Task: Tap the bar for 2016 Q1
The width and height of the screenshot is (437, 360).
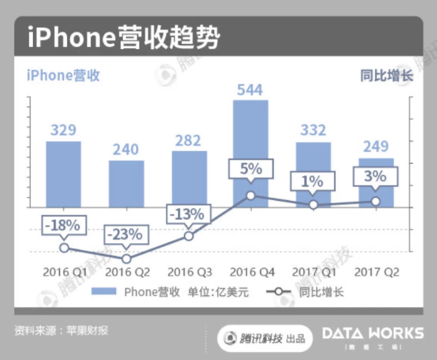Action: [63, 174]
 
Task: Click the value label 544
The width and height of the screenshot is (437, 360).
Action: [250, 90]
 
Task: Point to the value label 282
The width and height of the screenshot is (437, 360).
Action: [189, 140]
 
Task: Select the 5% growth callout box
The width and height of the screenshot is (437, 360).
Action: [250, 168]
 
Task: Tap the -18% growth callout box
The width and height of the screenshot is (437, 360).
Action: [63, 225]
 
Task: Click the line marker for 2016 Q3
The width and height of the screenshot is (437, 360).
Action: [189, 236]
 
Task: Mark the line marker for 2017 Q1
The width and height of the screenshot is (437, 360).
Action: [313, 204]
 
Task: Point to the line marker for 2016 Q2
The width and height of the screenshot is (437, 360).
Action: [126, 258]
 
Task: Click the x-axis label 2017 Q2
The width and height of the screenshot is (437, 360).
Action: [376, 272]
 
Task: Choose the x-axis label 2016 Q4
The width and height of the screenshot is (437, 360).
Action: [251, 272]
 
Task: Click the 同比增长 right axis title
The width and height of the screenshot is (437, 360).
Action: [386, 76]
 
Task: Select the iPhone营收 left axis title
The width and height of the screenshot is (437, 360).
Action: [63, 76]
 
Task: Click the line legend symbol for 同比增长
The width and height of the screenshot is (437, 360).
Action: [280, 292]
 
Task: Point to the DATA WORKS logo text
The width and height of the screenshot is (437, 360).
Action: [372, 334]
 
